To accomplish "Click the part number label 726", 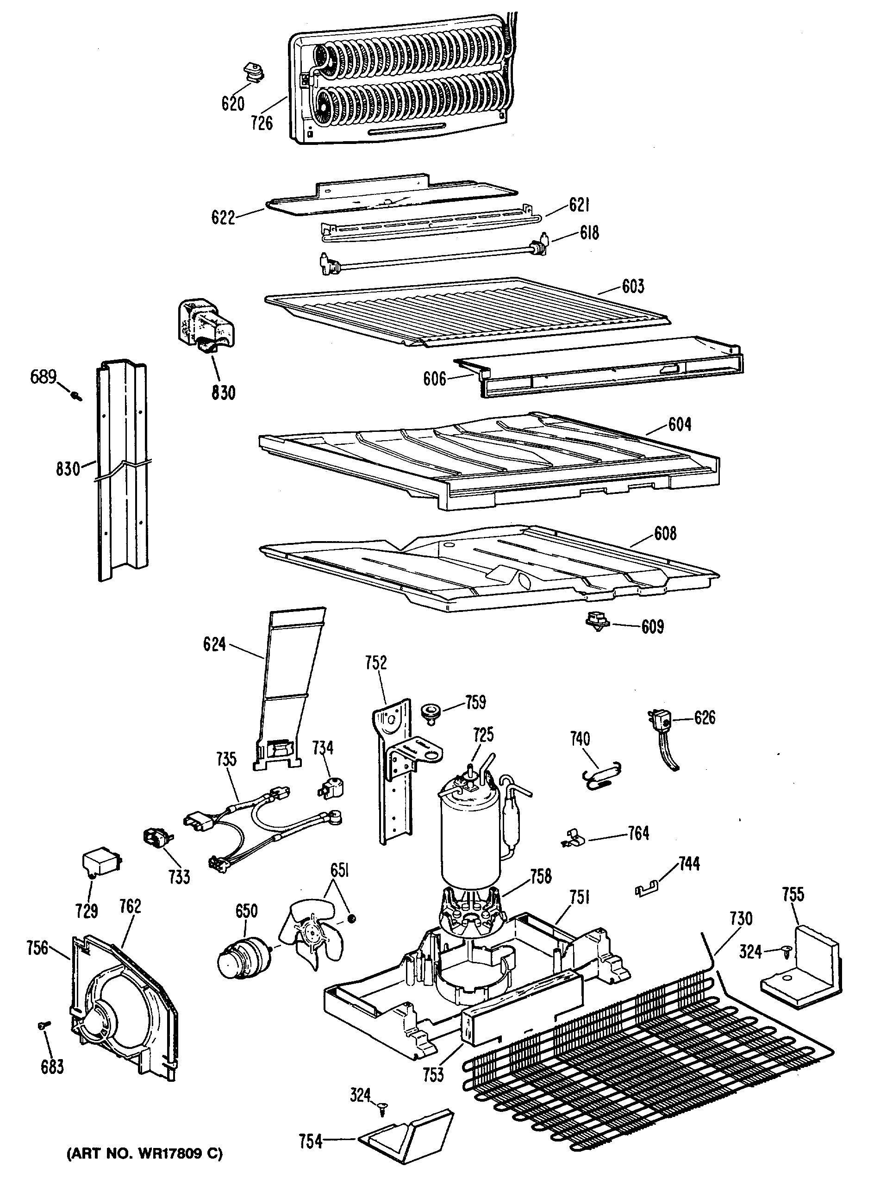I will pos(262,123).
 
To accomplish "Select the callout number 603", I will pos(633,286).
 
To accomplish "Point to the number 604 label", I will pos(679,424).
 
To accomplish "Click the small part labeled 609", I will pos(597,621).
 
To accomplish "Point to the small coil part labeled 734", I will pos(329,789).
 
